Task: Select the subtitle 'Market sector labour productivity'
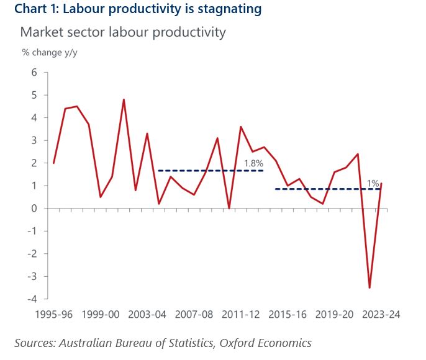(123, 32)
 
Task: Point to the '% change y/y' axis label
(50, 52)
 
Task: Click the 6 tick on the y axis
(34, 73)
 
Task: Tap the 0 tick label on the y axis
(34, 209)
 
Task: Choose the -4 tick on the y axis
(32, 299)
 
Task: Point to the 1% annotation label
(373, 184)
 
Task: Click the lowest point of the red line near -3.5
(369, 287)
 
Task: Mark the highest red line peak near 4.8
(124, 99)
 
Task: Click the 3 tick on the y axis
(34, 141)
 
